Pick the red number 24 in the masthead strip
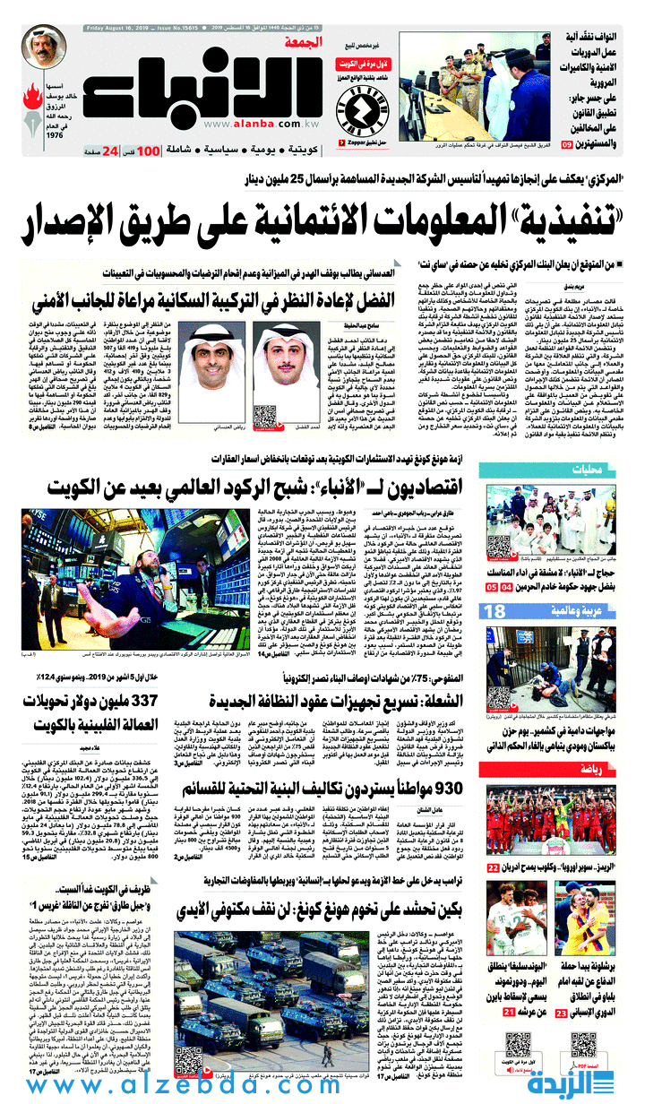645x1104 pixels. (109, 151)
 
